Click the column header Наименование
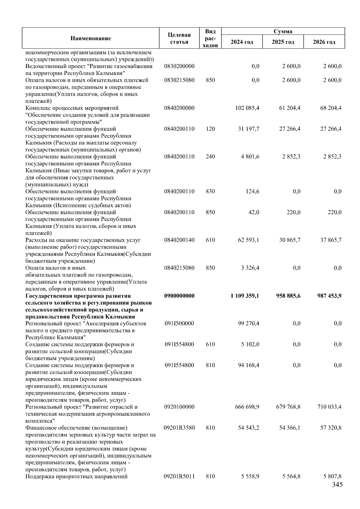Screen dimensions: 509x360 tap(91, 38)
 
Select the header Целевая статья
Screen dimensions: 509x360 tap(179, 38)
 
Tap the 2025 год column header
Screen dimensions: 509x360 tap(283, 42)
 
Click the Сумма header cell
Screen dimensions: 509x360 tap(283, 31)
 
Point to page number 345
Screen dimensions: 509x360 tap(337, 485)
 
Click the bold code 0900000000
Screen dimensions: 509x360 tap(179, 296)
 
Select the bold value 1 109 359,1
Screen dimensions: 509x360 tap(245, 296)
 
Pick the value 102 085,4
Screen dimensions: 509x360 tap(247, 108)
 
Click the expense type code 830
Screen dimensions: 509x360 tap(210, 191)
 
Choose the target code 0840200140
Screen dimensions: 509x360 tap(179, 240)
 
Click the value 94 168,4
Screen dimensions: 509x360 tap(249, 365)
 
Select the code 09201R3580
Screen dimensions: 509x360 tap(179, 428)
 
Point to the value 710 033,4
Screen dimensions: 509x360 tap(329, 407)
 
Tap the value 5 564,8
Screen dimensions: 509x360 tap(291, 476)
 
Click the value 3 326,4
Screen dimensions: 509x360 tap(250, 268)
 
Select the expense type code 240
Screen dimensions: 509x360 tap(210, 157)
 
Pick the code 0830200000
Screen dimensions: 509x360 tap(179, 66)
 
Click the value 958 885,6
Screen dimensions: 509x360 tap(288, 296)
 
